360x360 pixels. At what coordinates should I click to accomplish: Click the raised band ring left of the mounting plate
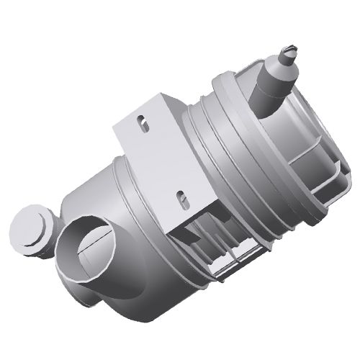[119, 184]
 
